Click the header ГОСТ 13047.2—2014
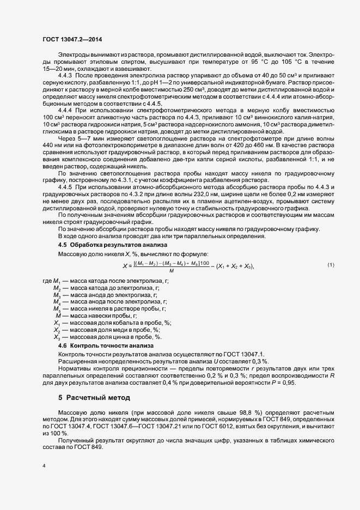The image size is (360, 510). (71, 39)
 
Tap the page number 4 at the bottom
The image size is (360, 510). (44, 466)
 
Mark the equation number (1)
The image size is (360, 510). (331, 265)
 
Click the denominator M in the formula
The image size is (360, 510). (172, 271)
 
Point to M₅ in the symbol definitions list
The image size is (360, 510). (56, 308)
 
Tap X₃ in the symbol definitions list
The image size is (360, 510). (56, 338)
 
